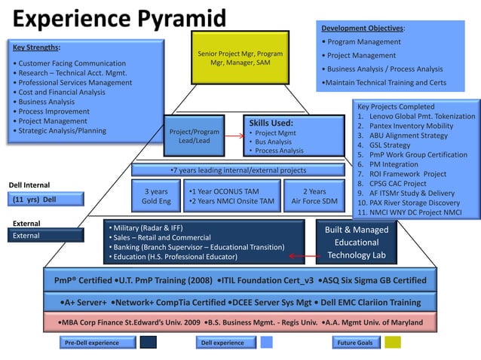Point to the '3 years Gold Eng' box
(x=156, y=196)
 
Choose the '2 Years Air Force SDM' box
(x=314, y=196)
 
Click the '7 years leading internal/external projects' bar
(x=239, y=170)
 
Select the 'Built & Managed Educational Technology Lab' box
(x=356, y=243)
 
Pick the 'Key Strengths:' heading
(x=38, y=47)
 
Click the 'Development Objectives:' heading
(x=363, y=28)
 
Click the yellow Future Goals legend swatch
(x=393, y=343)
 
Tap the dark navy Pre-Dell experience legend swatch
(x=149, y=343)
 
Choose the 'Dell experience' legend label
(x=223, y=343)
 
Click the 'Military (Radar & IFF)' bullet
(x=148, y=227)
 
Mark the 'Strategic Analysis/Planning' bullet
(x=62, y=131)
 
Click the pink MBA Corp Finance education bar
(x=240, y=322)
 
